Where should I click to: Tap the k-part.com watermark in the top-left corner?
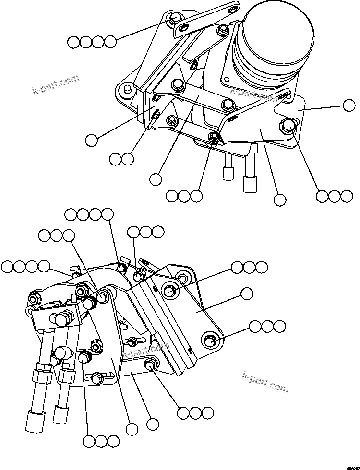55,85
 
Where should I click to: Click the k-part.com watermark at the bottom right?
265,383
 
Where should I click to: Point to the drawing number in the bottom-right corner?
349,466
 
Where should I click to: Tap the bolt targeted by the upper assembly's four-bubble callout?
176,20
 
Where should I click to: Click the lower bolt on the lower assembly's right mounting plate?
210,341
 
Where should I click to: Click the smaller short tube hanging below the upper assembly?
228,172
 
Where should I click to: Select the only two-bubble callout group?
121,159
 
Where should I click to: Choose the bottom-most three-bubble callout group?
100,441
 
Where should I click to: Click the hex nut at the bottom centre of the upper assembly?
214,139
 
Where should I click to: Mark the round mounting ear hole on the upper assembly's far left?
126,88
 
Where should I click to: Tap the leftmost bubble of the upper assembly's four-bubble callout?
73,42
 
